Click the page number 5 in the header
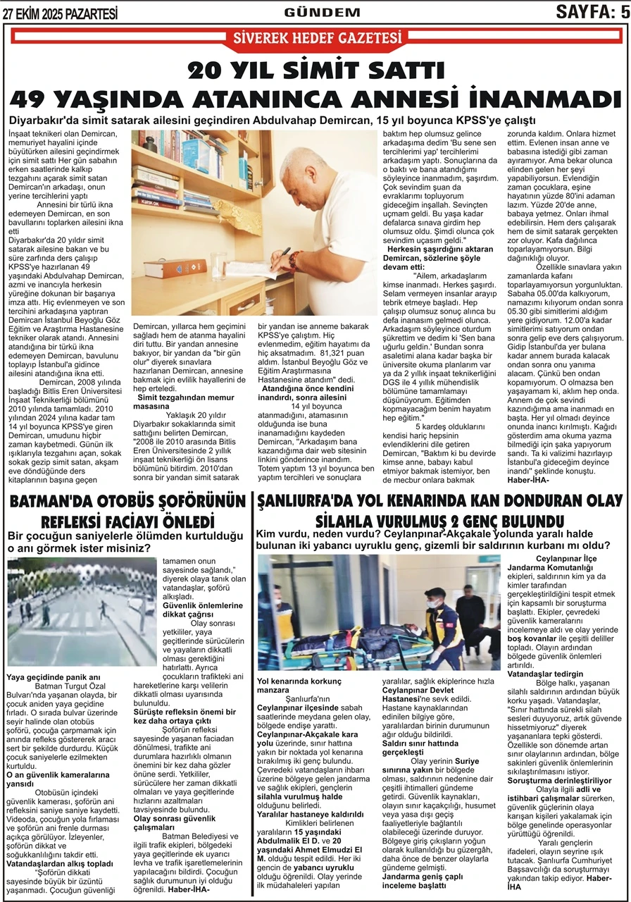pos(623,11)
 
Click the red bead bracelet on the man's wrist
pos(292,259)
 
